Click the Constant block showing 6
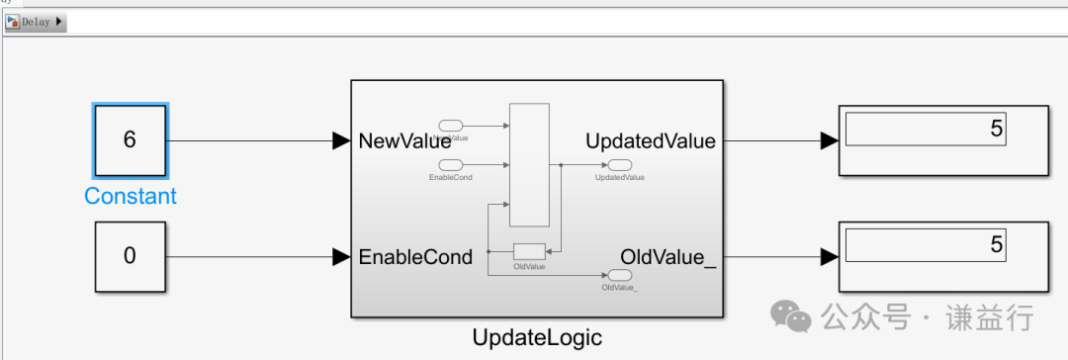pyautogui.click(x=130, y=139)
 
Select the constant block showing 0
pyautogui.click(x=130, y=256)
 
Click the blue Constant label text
pyautogui.click(x=131, y=196)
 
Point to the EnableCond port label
pyautogui.click(x=415, y=257)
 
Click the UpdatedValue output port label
pyautogui.click(x=650, y=141)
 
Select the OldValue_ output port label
pyautogui.click(x=667, y=257)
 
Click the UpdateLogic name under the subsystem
pyautogui.click(x=537, y=337)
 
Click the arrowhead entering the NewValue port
pyautogui.click(x=341, y=141)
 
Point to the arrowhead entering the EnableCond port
pyautogui.click(x=341, y=257)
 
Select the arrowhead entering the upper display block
pyautogui.click(x=829, y=141)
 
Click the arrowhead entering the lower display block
pyautogui.click(x=829, y=257)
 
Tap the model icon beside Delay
pyautogui.click(x=13, y=22)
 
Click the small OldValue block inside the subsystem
pyautogui.click(x=529, y=251)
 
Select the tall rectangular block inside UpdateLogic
pyautogui.click(x=528, y=165)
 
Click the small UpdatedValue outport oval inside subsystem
pyautogui.click(x=620, y=165)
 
